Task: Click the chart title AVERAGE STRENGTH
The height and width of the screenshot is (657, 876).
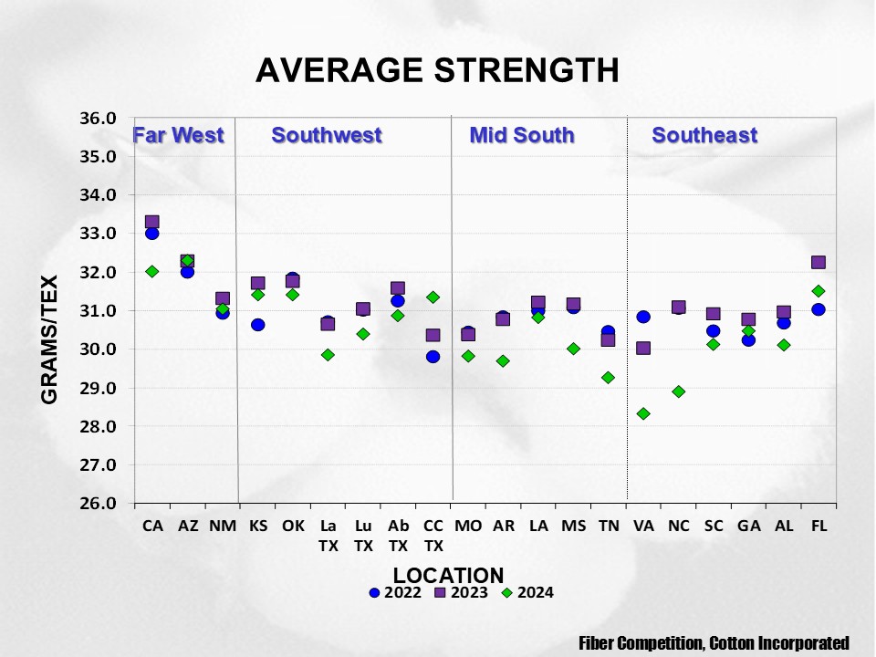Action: [437, 70]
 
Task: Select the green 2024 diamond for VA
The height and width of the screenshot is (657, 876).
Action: [643, 413]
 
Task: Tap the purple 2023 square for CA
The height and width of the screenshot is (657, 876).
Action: [152, 222]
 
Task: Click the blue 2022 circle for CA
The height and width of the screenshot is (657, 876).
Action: [152, 234]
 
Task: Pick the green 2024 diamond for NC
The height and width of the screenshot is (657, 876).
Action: [678, 391]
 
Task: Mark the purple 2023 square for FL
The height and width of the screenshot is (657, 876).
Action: [819, 263]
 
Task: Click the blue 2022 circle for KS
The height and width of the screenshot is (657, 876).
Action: [258, 325]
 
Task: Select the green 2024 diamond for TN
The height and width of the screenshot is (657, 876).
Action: [608, 378]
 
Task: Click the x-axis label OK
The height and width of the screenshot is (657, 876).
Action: [293, 527]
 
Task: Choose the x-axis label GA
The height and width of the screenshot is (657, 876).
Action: [748, 527]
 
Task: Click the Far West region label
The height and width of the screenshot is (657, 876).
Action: [179, 136]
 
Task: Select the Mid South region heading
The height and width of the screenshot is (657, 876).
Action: [522, 136]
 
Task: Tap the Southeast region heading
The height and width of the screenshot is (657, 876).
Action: [704, 136]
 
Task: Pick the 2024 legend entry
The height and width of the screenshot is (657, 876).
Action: [527, 592]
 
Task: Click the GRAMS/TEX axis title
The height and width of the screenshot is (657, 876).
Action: [49, 339]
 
